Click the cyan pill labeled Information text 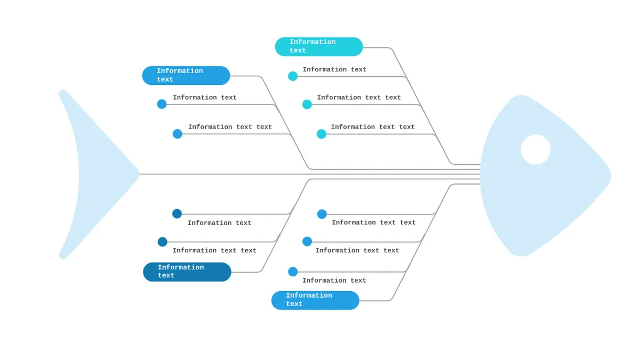coord(319,46)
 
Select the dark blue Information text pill coord(187,271)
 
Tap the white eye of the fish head coord(535,149)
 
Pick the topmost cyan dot coord(293,76)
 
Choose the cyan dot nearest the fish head coord(322,134)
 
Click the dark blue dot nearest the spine coord(177,213)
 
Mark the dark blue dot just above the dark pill coord(162,242)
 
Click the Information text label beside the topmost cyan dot coord(334,69)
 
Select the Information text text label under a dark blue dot coord(214,251)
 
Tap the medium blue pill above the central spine coord(186,75)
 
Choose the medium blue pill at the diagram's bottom coord(315,300)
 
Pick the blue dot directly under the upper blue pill coord(162,103)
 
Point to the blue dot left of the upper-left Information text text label coord(178,134)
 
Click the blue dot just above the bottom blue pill coord(293,271)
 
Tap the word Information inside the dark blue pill coord(181,267)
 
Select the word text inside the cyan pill coord(298,51)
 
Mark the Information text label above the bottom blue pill coord(334,281)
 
